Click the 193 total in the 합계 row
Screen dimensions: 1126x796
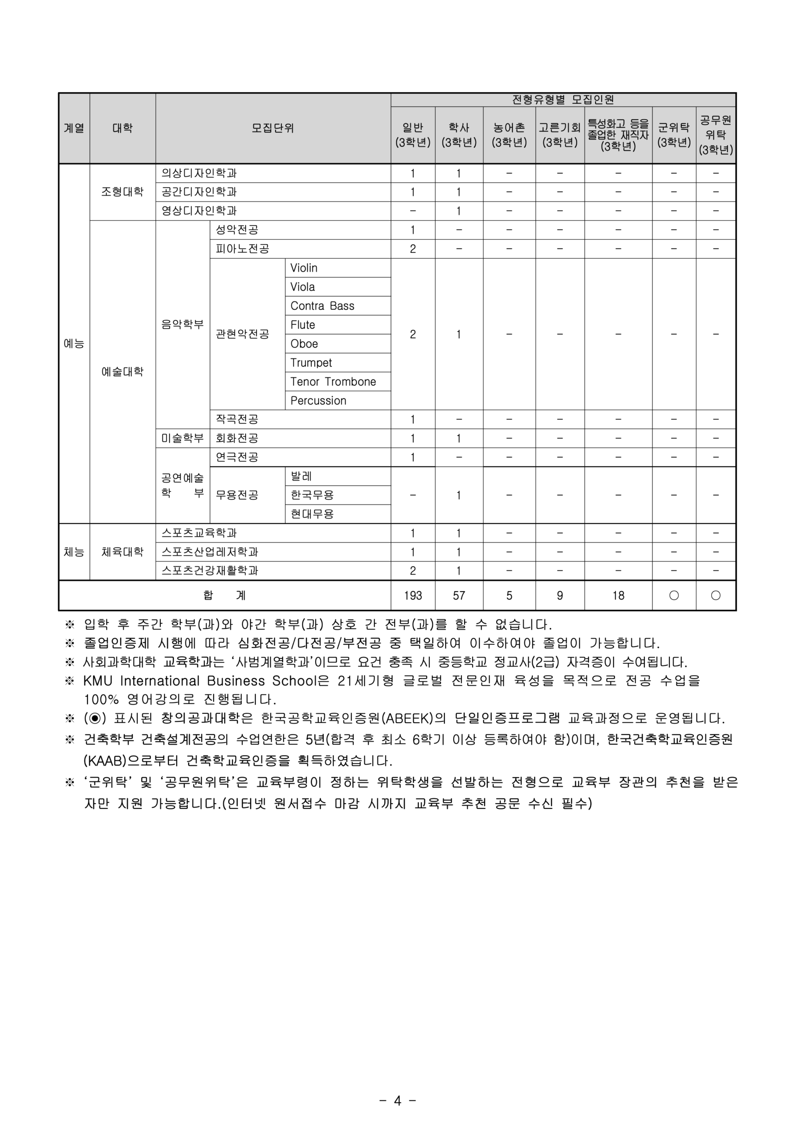pyautogui.click(x=413, y=596)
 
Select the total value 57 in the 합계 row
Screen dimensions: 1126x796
pyautogui.click(x=459, y=596)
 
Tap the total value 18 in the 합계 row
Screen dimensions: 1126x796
pyautogui.click(x=618, y=596)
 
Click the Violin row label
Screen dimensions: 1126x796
pyautogui.click(x=304, y=268)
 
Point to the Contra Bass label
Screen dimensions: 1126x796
pyautogui.click(x=322, y=306)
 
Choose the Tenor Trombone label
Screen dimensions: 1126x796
pyautogui.click(x=333, y=381)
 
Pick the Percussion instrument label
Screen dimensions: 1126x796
pyautogui.click(x=318, y=401)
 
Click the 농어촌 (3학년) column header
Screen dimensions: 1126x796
pyautogui.click(x=509, y=135)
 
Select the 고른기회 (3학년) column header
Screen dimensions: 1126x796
pyautogui.click(x=559, y=135)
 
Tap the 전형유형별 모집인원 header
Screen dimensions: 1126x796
pyautogui.click(x=563, y=99)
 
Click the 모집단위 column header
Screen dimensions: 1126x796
pyautogui.click(x=273, y=128)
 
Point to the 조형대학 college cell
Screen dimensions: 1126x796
pyautogui.click(x=123, y=192)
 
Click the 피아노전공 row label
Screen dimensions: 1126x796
pyautogui.click(x=242, y=249)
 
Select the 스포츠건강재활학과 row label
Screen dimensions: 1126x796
pyautogui.click(x=210, y=570)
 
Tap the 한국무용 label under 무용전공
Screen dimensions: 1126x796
pyautogui.click(x=312, y=495)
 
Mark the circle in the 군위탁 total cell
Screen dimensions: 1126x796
pyautogui.click(x=674, y=596)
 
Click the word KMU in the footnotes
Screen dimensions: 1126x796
pyautogui.click(x=98, y=681)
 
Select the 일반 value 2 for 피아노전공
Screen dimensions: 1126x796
pyautogui.click(x=413, y=249)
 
